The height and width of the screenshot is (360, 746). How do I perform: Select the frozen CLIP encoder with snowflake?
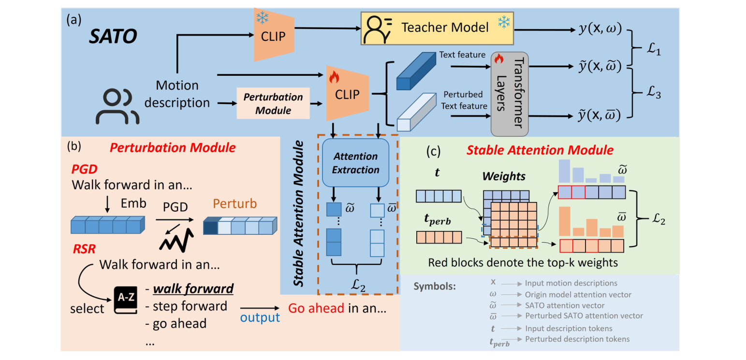tap(273, 35)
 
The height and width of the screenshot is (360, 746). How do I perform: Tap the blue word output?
tap(261, 317)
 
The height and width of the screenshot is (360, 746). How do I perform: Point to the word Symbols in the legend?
tap(435, 286)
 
